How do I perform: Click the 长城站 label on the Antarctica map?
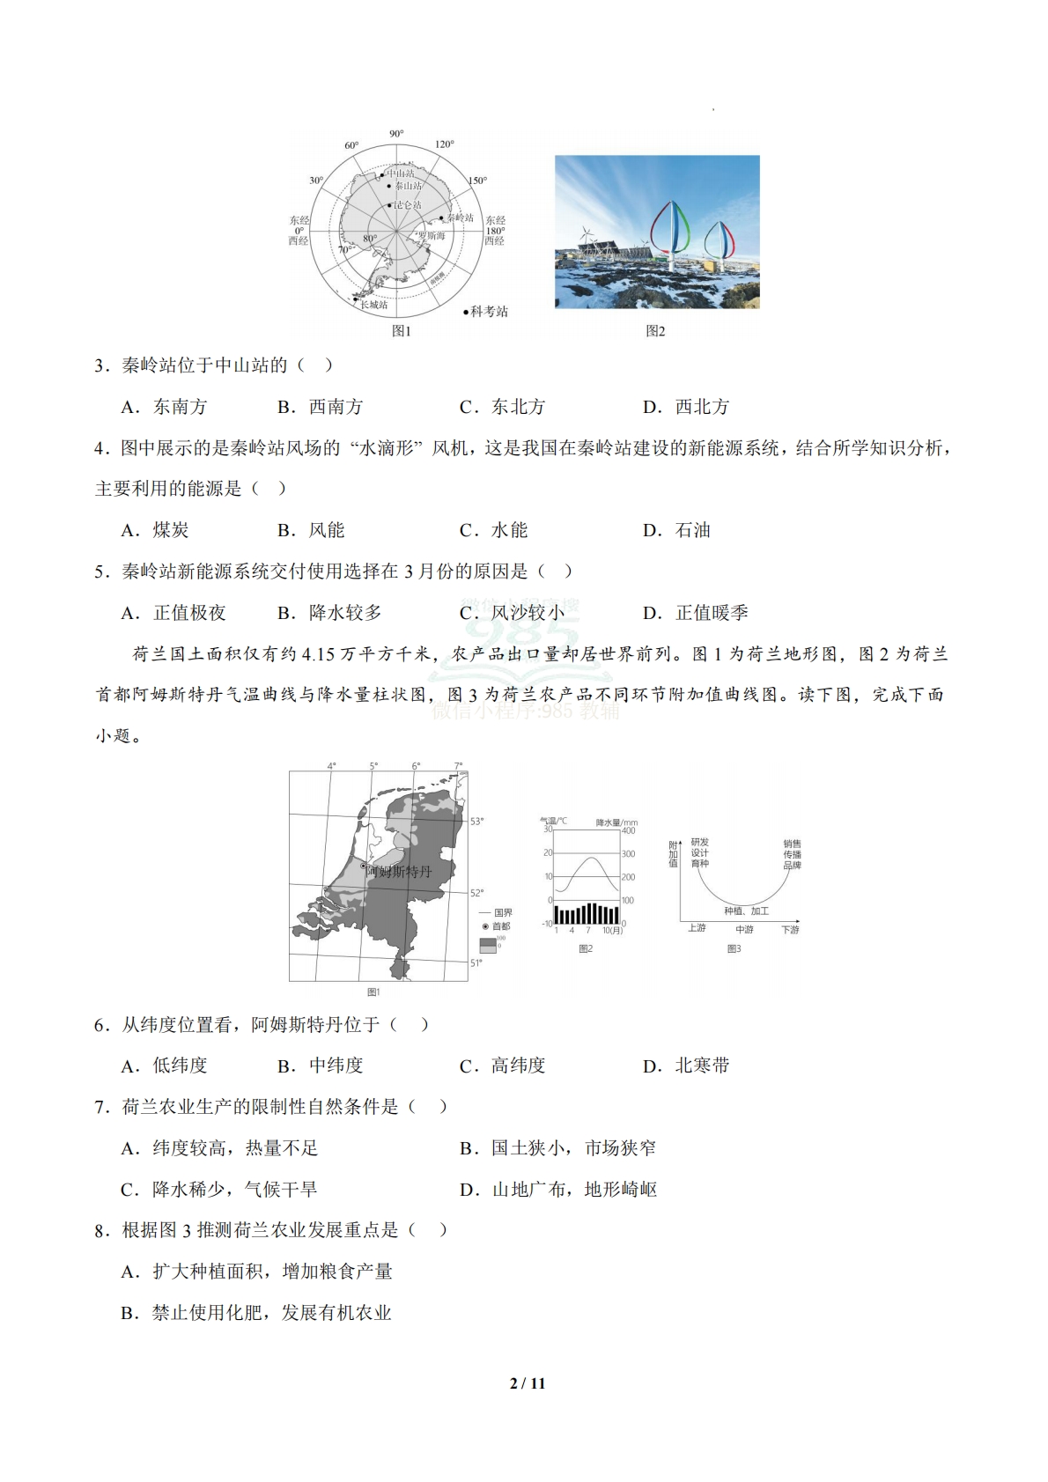click(373, 305)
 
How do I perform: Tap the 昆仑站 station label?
click(407, 205)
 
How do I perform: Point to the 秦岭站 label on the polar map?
click(459, 218)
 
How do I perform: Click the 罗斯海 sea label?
click(431, 236)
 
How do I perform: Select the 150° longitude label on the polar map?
click(477, 181)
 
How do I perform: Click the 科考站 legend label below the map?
click(488, 312)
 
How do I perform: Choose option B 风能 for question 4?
click(311, 530)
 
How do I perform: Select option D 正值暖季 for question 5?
click(696, 613)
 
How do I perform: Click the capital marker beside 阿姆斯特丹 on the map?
click(363, 867)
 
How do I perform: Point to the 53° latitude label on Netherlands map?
click(476, 822)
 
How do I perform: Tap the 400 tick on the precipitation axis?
click(629, 830)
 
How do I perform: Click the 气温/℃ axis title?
click(554, 821)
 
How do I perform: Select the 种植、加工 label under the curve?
click(746, 911)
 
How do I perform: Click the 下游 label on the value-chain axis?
click(790, 929)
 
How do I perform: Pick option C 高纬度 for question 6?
click(503, 1065)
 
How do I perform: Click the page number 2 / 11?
click(528, 1383)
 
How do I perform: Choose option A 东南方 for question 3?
click(165, 407)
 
